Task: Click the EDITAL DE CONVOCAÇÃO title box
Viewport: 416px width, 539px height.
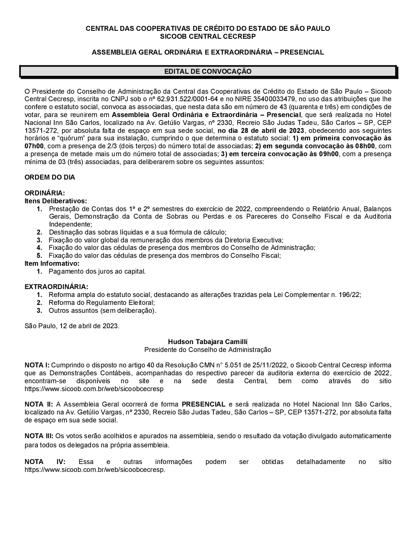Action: click(x=208, y=71)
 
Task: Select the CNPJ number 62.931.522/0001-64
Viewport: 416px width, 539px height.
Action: click(x=183, y=99)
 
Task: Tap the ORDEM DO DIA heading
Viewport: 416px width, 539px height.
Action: click(x=50, y=177)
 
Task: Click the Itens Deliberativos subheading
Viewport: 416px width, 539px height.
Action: click(x=56, y=201)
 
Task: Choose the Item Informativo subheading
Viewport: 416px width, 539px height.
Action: click(x=52, y=263)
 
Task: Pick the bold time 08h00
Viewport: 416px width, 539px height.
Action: click(x=365, y=146)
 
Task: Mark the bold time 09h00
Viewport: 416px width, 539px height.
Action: click(x=329, y=154)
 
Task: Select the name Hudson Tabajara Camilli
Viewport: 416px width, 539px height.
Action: click(x=208, y=342)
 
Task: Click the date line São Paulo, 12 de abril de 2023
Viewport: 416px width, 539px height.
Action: click(x=72, y=326)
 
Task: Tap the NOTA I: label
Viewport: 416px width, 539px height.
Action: click(x=37, y=365)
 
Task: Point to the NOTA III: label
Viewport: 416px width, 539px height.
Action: click(x=39, y=436)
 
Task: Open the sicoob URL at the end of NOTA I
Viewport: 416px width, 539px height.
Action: click(x=94, y=389)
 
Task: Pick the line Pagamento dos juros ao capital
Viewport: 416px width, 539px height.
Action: click(x=97, y=271)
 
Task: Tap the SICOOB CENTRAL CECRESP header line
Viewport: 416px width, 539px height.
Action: click(x=208, y=36)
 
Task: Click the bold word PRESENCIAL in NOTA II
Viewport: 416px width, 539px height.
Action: click(x=203, y=404)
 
